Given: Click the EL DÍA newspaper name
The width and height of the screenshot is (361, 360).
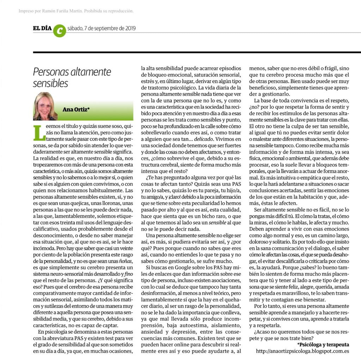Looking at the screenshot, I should pos(42,28).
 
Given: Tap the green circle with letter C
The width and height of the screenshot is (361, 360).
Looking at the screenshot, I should pos(59,30).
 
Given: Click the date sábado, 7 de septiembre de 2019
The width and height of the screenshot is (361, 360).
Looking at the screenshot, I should pos(101,29).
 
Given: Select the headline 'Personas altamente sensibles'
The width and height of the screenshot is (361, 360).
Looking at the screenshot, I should pos(72,77).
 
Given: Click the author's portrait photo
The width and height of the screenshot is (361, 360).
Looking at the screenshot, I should pos(46,106).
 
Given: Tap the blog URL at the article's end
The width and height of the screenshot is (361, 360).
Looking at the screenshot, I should pos(302,351).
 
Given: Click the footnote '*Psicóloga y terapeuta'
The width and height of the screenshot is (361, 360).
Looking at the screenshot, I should pos(323,344).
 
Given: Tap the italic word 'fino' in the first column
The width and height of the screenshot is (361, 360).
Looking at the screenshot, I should pos(128,274).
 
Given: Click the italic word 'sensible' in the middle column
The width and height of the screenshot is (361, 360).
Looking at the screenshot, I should pos(218,223).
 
